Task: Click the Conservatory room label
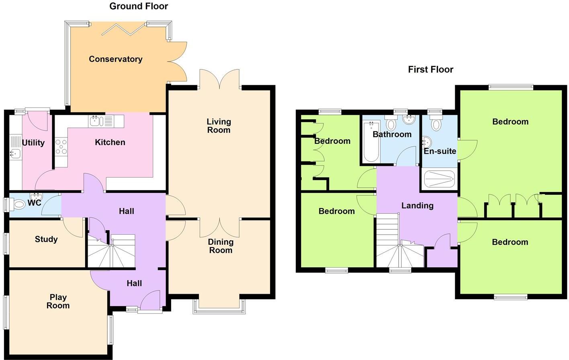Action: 115,59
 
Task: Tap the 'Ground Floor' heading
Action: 139,6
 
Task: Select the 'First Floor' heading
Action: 430,70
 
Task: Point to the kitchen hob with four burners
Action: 61,147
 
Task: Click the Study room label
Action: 46,239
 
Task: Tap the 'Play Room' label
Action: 58,301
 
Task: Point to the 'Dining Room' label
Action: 221,246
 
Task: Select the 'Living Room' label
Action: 219,126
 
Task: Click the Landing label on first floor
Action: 417,206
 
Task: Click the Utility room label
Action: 33,143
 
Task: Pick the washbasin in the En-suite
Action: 426,142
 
